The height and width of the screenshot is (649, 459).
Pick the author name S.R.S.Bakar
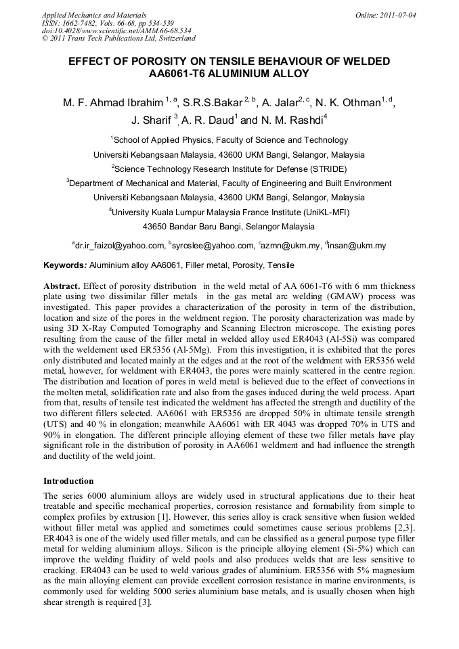[x=212, y=104]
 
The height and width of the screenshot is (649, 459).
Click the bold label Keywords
[x=65, y=265]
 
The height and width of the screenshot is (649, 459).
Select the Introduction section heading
[x=68, y=481]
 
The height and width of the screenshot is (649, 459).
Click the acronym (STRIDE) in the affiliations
[x=327, y=169]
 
